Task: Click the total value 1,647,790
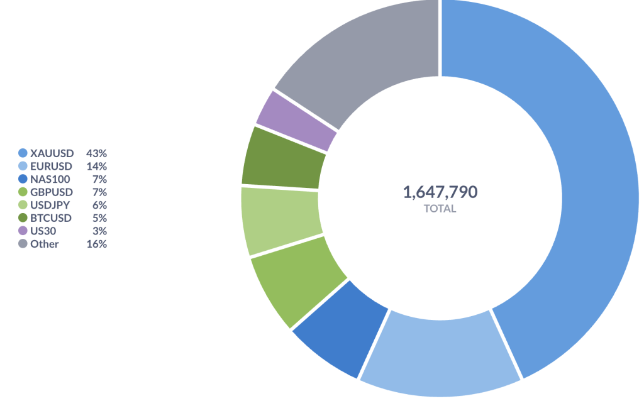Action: coord(440,192)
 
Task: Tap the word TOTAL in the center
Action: coord(440,209)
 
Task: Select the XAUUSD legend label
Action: coord(52,153)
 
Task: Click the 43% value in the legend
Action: coord(97,153)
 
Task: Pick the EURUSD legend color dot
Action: coord(23,166)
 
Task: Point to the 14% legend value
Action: coord(97,166)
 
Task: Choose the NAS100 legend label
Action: coord(50,179)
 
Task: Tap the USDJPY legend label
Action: coord(51,205)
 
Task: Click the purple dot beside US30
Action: coord(23,231)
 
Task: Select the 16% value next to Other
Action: coord(97,244)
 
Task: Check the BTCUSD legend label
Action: coord(51,218)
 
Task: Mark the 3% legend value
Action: coord(99,231)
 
